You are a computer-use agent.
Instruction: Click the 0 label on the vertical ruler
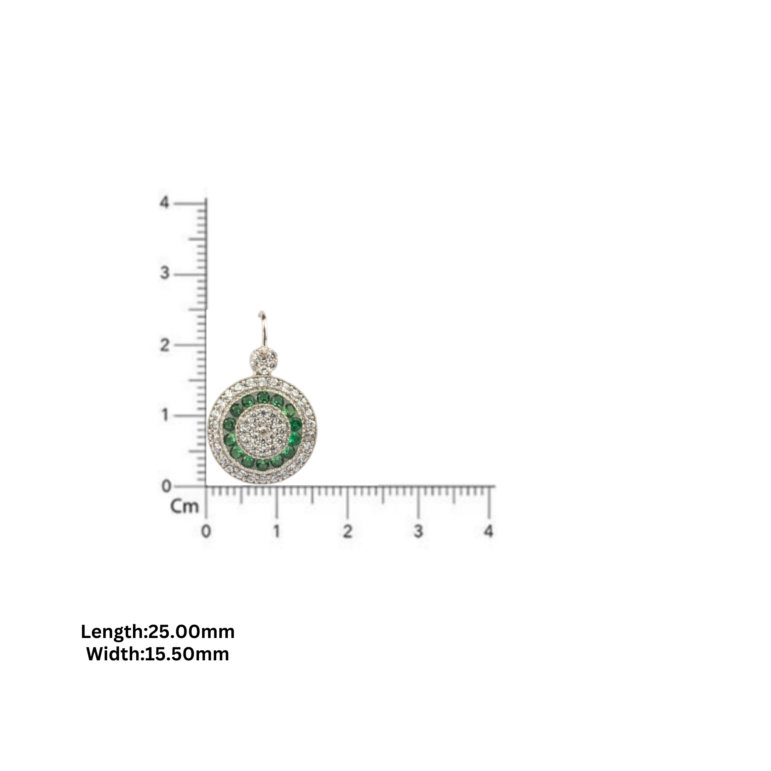pyautogui.click(x=166, y=486)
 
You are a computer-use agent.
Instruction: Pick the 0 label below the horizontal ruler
pyautogui.click(x=206, y=532)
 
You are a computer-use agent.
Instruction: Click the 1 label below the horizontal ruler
pyautogui.click(x=276, y=532)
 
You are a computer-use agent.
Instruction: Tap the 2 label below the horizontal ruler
pyautogui.click(x=348, y=532)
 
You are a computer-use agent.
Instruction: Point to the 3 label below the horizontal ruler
pyautogui.click(x=418, y=532)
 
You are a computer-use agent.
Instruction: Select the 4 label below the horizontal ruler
pyautogui.click(x=489, y=532)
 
